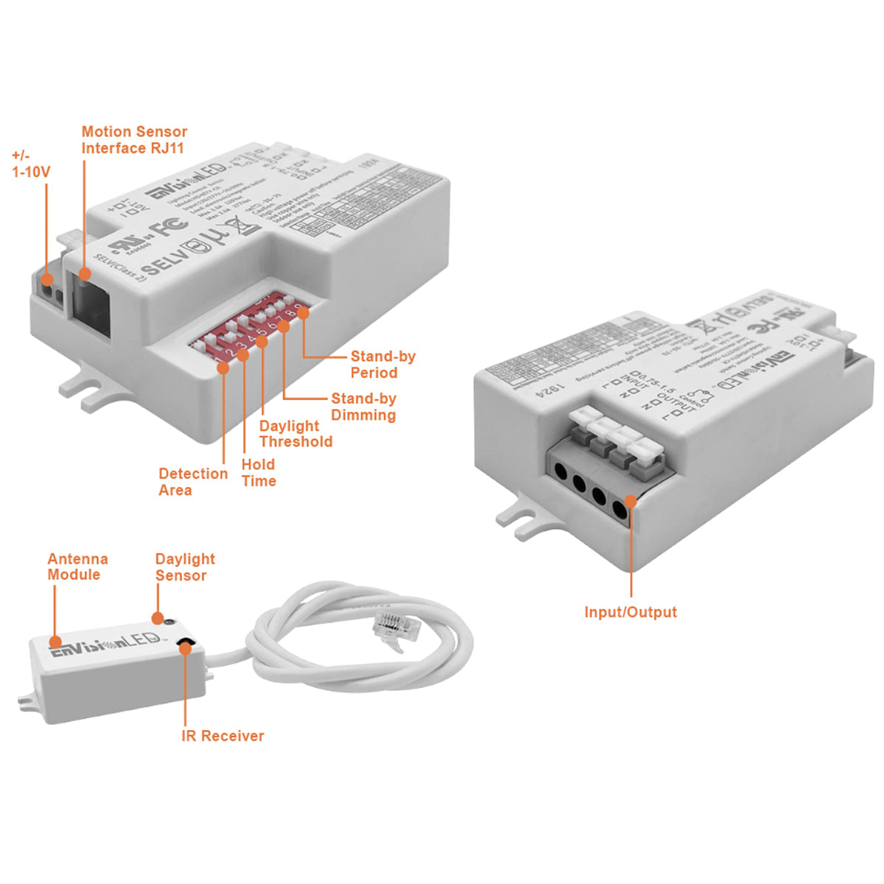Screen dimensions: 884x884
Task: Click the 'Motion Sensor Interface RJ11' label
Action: tap(134, 140)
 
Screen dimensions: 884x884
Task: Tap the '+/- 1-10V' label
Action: tap(30, 164)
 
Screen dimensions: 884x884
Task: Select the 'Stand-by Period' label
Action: tap(382, 365)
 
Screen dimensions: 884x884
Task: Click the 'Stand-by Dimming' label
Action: tap(363, 407)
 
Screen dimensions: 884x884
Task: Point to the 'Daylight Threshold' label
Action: tap(295, 434)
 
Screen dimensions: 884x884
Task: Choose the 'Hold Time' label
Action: tap(259, 473)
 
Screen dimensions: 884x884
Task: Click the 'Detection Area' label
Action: tap(193, 482)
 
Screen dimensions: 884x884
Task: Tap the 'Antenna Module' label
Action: tap(77, 566)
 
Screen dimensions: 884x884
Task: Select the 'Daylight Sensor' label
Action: tap(184, 567)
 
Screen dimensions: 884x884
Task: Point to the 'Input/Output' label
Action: tap(630, 612)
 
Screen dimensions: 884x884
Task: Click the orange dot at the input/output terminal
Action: tap(630, 502)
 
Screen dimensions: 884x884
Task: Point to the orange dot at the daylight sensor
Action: tap(158, 617)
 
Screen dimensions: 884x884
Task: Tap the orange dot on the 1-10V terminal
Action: tap(46, 279)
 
